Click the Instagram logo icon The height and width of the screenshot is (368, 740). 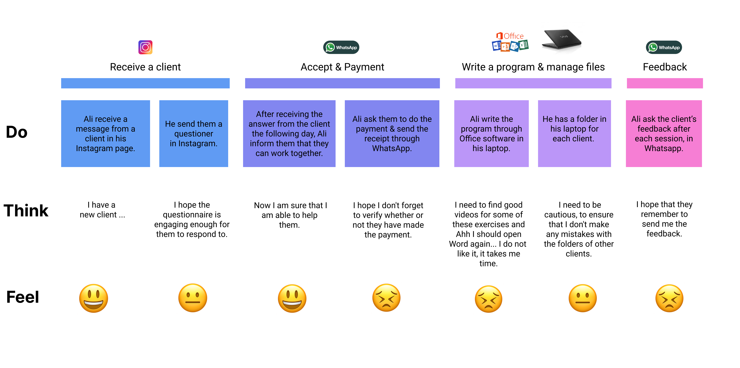[145, 47]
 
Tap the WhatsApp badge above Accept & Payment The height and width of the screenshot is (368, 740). [341, 47]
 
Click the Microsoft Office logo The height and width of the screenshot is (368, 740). [510, 42]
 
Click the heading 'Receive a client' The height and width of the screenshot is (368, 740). [145, 67]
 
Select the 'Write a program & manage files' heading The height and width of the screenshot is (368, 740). [533, 67]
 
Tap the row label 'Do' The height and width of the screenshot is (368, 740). [17, 132]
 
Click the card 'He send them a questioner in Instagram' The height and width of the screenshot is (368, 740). [194, 134]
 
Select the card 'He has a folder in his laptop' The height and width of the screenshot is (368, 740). [574, 134]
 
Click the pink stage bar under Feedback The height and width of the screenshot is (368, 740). [665, 83]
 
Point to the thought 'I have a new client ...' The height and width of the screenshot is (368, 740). [102, 210]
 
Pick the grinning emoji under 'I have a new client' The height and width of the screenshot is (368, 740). [94, 298]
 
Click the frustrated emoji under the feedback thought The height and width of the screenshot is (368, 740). [669, 298]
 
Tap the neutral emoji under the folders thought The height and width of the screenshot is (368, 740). [583, 298]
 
